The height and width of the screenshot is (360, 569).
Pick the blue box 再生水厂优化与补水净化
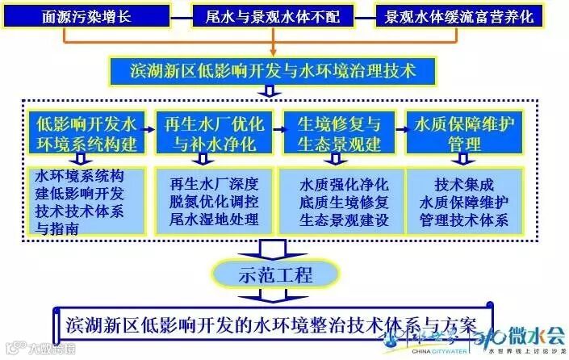point(210,134)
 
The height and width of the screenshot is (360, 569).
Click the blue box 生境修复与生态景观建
point(335,134)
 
